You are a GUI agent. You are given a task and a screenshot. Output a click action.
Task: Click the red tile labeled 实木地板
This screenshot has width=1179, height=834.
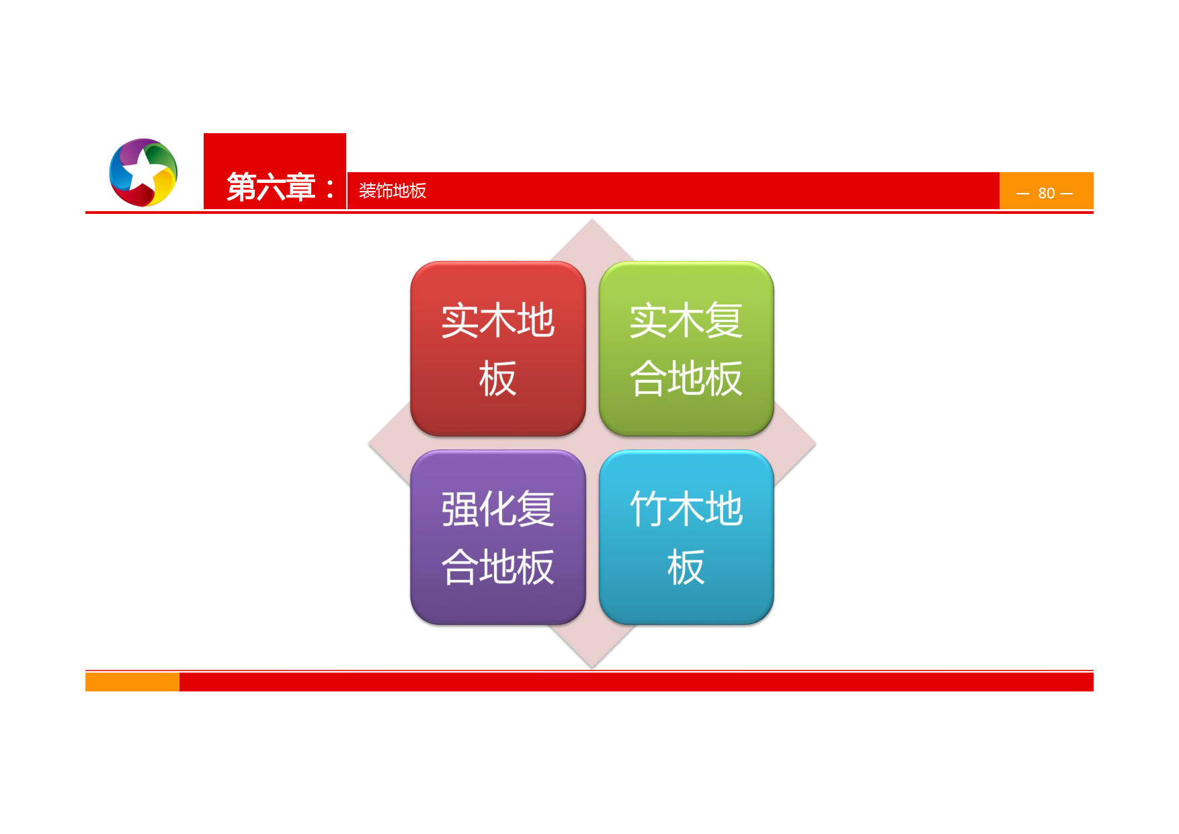[497, 348]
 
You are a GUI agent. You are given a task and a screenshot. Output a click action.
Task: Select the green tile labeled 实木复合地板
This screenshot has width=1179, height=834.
[686, 348]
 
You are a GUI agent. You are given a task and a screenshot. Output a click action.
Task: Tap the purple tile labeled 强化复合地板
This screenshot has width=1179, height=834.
[497, 537]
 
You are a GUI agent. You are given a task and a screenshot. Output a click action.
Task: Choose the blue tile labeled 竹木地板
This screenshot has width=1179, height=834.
[686, 537]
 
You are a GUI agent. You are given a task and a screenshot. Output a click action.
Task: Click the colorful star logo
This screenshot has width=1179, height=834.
[143, 172]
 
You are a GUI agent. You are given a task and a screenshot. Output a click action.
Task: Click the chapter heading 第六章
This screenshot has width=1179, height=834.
[271, 187]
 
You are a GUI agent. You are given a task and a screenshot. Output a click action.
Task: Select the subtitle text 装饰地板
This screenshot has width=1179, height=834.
[393, 191]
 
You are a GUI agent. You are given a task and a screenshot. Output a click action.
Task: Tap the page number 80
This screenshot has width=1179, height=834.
[1046, 194]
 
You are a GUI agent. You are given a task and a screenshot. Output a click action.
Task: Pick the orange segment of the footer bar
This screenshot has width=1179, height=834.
[132, 682]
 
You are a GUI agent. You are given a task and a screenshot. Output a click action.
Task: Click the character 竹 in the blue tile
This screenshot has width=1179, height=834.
[648, 508]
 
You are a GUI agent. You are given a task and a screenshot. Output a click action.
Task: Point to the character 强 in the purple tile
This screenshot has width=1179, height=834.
[460, 509]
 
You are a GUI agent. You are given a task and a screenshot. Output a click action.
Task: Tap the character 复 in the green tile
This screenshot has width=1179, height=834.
[724, 320]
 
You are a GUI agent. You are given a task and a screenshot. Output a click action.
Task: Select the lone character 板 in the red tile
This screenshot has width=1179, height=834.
[497, 379]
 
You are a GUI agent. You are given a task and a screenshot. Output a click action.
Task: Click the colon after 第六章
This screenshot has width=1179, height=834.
[329, 188]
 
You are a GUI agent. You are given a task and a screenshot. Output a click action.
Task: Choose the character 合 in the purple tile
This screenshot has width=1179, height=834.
[460, 567]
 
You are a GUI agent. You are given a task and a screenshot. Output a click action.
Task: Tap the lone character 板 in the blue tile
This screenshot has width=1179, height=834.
[686, 567]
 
